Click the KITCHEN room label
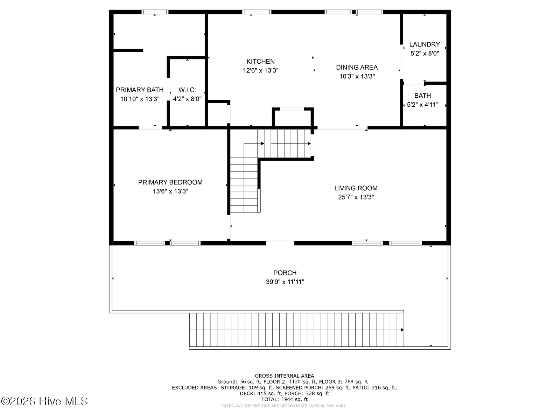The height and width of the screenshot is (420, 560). pos(260,62)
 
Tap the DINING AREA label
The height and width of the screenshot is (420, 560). pos(357,67)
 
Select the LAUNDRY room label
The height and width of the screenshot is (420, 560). pos(425,44)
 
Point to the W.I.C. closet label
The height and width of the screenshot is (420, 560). pos(187,90)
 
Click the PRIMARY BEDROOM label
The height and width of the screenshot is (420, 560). pos(170,182)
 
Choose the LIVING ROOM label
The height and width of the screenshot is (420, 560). pos(356,188)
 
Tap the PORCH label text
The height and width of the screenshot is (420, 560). pos(285,273)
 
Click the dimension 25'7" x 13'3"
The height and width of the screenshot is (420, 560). pos(356,197)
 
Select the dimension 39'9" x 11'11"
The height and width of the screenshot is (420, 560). pos(285,282)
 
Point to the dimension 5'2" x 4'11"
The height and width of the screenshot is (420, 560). pos(422,105)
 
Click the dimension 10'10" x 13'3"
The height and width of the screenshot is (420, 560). pos(140,99)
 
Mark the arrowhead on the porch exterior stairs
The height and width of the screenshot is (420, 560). pos(402,330)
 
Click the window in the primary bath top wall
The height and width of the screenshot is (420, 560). pos(155,12)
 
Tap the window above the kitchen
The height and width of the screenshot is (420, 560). pos(257,12)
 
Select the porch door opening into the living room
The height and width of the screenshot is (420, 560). pos(280,243)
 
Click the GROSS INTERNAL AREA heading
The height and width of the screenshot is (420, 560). pos(284,376)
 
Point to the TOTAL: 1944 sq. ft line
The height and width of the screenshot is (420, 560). pos(284,399)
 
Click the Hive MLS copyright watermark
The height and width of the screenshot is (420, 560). pos(44,401)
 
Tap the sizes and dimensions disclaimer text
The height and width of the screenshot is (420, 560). pos(284,406)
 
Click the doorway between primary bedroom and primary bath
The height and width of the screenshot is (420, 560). pos(150,128)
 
